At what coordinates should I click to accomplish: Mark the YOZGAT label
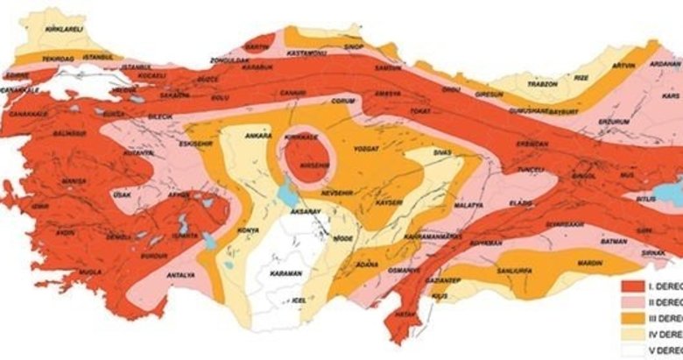tap(367, 150)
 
